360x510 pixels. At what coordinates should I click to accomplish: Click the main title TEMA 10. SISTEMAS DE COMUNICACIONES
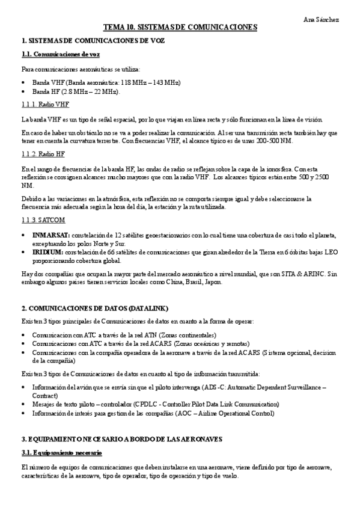[180, 28]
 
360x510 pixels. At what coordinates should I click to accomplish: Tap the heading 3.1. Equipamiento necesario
[61, 452]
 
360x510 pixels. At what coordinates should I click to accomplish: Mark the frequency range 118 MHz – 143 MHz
[145, 82]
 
